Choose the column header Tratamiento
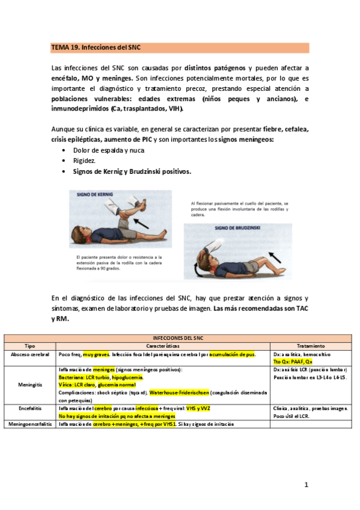pyautogui.click(x=311, y=346)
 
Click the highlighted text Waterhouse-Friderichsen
pyautogui.click(x=179, y=392)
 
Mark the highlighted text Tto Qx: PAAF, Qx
pyautogui.click(x=293, y=362)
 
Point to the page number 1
pyautogui.click(x=306, y=485)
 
